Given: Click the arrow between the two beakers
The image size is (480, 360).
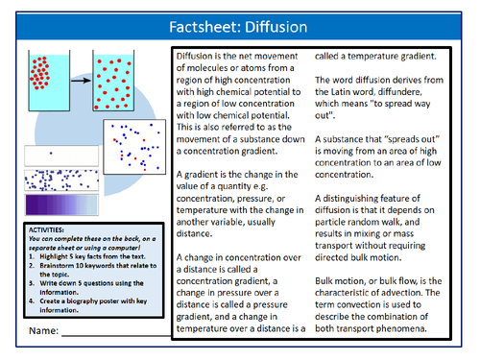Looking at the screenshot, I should point(77,81).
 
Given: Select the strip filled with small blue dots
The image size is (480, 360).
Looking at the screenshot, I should point(59,179).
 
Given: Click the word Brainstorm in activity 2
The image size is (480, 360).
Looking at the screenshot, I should point(58,273).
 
